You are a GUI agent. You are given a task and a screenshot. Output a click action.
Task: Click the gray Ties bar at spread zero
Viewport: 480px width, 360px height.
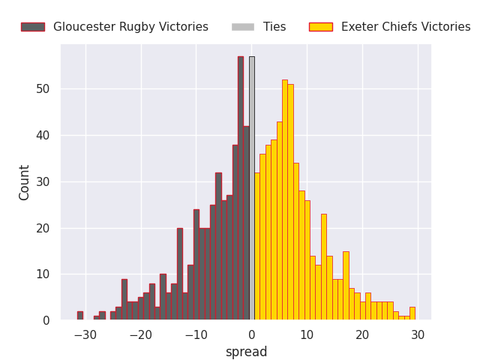click(x=251, y=188)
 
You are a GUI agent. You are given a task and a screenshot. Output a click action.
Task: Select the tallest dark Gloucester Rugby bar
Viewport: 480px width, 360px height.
click(x=241, y=188)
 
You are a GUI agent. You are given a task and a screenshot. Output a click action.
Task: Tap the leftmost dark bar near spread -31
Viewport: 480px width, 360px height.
click(x=79, y=316)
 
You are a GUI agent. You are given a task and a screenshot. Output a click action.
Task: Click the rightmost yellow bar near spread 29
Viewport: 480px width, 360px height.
click(x=412, y=313)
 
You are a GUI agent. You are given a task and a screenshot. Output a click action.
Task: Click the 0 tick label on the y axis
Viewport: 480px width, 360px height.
click(x=46, y=321)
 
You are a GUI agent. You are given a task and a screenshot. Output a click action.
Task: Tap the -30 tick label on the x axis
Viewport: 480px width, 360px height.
click(x=85, y=334)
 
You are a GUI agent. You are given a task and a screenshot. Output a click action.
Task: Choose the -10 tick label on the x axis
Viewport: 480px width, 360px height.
click(x=196, y=334)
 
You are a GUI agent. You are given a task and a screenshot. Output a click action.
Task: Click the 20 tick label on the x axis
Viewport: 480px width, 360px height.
click(x=362, y=334)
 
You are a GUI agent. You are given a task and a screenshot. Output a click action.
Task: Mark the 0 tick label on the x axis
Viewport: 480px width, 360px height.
click(x=251, y=334)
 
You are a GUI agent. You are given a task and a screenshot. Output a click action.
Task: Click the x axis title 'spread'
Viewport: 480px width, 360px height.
click(x=246, y=352)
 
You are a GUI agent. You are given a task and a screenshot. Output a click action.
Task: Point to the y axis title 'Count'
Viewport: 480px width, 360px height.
click(x=25, y=182)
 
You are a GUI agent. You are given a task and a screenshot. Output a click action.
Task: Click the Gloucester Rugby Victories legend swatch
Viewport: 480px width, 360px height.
click(x=33, y=27)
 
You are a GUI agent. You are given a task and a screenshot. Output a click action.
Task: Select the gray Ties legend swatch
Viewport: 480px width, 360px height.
click(x=243, y=27)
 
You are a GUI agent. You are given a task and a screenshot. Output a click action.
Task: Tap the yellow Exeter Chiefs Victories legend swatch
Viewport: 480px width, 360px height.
click(x=321, y=27)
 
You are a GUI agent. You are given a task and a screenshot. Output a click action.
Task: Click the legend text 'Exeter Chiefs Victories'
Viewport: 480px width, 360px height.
click(x=406, y=27)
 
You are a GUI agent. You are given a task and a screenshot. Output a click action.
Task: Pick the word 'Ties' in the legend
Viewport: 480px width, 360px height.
click(x=274, y=27)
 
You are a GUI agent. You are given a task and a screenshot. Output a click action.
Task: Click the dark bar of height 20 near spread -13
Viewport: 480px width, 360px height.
click(x=180, y=274)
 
